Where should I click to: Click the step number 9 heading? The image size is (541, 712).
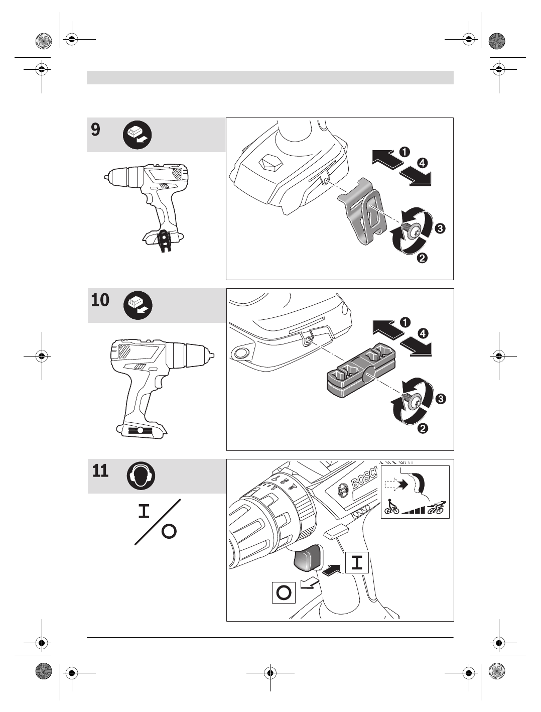point(95,130)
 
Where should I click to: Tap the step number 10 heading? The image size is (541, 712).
point(100,300)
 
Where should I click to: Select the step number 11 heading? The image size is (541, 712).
point(100,471)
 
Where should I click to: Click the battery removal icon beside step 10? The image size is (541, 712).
point(139,305)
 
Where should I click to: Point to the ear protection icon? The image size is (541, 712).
point(141,476)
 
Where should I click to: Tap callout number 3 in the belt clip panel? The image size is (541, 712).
point(440,228)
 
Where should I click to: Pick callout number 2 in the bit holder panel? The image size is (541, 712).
point(423,429)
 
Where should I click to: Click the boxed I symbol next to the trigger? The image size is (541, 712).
point(357,562)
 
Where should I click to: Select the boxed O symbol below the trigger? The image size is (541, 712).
point(284,592)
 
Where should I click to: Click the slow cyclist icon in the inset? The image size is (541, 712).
point(391,507)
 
